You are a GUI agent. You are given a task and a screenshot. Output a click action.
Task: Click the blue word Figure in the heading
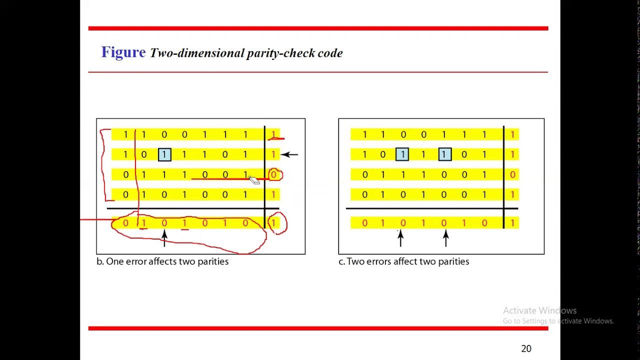coord(123,52)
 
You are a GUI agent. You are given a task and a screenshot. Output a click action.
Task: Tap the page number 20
coord(526,348)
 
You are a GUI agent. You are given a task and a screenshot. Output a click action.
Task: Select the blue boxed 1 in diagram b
coord(164,154)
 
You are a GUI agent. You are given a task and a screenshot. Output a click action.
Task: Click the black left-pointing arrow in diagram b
coord(289,154)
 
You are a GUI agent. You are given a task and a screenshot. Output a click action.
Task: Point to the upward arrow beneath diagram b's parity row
coord(164,238)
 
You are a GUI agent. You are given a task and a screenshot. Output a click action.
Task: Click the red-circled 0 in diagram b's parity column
coord(274,175)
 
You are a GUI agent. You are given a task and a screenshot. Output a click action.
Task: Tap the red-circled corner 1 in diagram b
coord(274,223)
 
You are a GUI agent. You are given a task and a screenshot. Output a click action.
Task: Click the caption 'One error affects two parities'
coord(167,261)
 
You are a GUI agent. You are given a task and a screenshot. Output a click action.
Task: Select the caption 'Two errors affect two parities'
coord(407,261)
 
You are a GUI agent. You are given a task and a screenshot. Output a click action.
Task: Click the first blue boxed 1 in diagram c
coord(402,154)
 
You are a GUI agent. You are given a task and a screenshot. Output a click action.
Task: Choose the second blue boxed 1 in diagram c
coord(443,154)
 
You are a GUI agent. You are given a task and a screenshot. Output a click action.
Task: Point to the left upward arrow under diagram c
coord(400,238)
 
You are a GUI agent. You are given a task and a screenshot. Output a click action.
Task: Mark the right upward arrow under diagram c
coord(445,238)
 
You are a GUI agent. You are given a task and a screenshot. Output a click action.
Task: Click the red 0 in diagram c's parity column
coord(512,174)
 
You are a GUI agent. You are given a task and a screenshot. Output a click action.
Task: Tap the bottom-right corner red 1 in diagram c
coord(512,223)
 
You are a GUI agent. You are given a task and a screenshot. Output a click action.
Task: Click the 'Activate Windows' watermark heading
coord(539,310)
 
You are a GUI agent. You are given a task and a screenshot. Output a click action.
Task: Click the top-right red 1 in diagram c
coord(512,134)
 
